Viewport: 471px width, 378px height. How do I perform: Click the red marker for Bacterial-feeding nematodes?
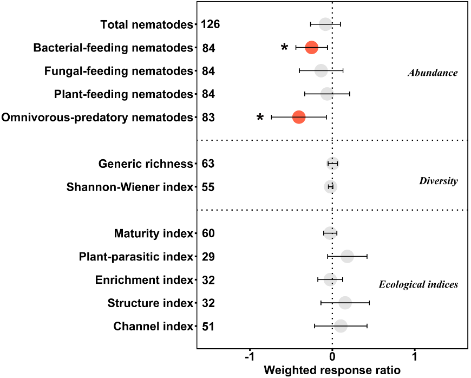(x=311, y=48)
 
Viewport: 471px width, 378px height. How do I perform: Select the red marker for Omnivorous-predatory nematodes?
(x=298, y=117)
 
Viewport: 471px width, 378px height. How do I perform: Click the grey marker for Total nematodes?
(x=325, y=24)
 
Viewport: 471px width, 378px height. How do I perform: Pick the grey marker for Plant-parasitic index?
(x=347, y=257)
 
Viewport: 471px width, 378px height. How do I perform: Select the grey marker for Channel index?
(x=341, y=326)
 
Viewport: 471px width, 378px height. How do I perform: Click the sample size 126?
(x=210, y=24)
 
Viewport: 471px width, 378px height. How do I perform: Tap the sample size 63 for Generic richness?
(x=208, y=164)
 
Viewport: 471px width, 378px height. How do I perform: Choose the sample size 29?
(x=208, y=257)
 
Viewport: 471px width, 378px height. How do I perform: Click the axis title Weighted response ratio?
(x=332, y=371)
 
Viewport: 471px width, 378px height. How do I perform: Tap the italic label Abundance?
(x=433, y=73)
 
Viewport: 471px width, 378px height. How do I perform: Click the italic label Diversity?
(x=438, y=181)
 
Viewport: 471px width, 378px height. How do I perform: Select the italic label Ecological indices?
(x=418, y=284)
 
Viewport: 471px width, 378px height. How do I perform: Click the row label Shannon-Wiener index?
(x=129, y=187)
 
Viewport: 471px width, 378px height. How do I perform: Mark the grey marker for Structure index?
(x=345, y=303)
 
